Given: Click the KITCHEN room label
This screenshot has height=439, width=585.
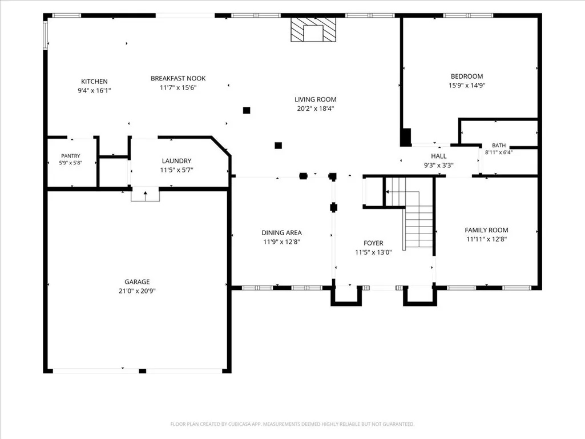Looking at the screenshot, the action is tap(94, 82).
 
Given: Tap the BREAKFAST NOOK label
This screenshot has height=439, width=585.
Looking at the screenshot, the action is tap(178, 78).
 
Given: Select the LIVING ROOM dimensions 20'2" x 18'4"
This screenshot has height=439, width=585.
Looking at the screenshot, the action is tap(315, 108).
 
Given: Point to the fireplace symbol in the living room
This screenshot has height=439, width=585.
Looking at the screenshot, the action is tap(313, 30).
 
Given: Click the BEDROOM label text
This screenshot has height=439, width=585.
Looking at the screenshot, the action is tap(467, 76).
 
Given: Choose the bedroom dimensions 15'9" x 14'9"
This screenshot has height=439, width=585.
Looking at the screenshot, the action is tap(467, 86).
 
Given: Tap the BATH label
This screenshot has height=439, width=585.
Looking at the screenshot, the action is tap(499, 146).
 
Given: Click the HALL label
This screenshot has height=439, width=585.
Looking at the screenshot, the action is tap(439, 156).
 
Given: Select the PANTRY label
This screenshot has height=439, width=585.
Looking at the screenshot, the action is tap(71, 156).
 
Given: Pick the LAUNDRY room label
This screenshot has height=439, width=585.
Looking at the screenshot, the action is tap(176, 161).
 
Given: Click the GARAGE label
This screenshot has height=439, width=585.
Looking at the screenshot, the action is tap(138, 282).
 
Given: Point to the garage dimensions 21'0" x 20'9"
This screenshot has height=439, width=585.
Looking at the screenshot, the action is tap(138, 291).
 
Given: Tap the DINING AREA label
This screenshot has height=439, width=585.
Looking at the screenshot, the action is tap(282, 232).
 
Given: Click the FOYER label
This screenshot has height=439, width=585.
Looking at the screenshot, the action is tap(373, 243).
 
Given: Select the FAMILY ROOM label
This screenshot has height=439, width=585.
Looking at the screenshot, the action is tap(486, 230).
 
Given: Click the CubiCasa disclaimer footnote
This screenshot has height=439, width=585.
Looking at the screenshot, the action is tap(292, 424).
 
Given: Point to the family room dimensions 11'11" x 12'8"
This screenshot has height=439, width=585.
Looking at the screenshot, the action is tap(486, 239).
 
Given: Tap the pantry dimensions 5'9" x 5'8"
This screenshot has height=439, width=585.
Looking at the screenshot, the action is tap(71, 163).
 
